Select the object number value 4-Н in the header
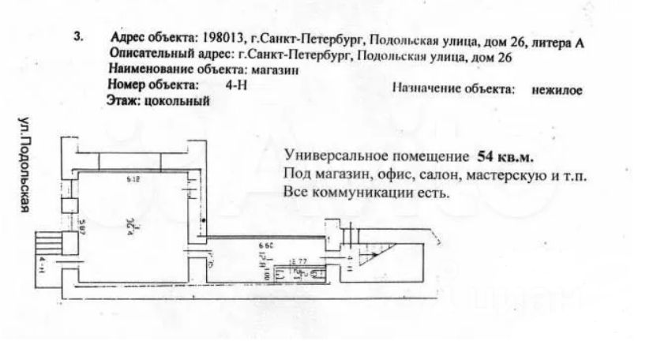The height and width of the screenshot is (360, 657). tap(236, 85)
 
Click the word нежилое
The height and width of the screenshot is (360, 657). tap(558, 90)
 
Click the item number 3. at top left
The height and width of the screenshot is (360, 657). tap(77, 37)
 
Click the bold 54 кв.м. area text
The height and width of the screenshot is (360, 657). tap(505, 156)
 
